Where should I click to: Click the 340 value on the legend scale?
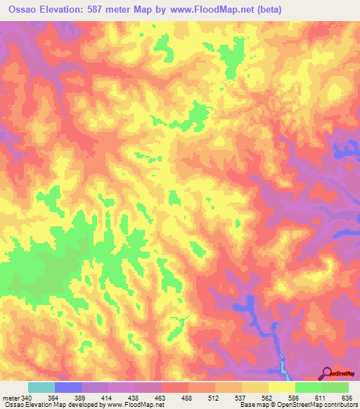pos(25,398)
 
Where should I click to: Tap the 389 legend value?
pos(81,398)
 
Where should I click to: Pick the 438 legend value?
pos(134,398)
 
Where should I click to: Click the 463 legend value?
pos(161,398)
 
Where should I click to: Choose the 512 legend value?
pos(214,398)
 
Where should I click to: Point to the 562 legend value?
pos(268,398)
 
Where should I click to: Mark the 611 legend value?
pos(321,398)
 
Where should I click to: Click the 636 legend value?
pos(346,398)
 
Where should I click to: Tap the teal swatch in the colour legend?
pos(41,387)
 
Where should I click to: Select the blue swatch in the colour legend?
pos(68,387)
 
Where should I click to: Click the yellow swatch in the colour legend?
pos(282,387)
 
